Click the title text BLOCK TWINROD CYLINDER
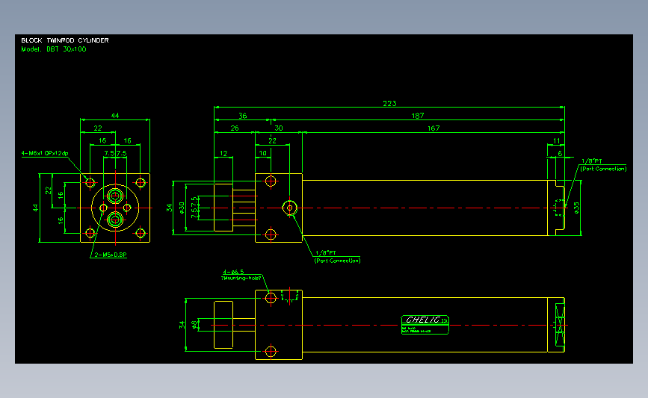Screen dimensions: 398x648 65,40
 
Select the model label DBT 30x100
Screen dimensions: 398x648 53,49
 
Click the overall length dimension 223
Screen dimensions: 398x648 389,103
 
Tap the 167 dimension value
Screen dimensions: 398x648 433,128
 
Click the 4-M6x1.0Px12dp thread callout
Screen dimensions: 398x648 45,153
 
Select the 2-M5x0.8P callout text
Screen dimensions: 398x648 110,255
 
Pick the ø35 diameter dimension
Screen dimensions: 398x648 576,205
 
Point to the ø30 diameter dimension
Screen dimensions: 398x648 182,206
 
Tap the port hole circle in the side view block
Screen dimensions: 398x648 290,207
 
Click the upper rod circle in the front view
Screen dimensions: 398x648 115,196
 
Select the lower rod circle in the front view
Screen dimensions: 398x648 115,219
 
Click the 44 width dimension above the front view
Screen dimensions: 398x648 114,115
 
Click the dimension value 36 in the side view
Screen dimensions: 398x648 242,116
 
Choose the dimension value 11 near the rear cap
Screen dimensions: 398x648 557,140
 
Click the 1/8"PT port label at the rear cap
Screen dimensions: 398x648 591,161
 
